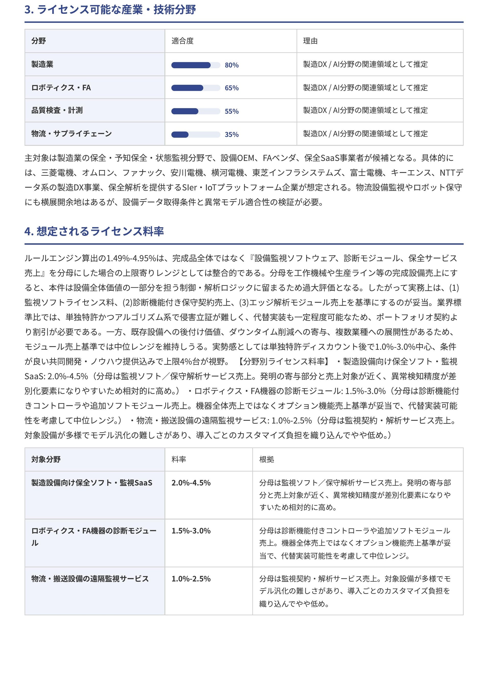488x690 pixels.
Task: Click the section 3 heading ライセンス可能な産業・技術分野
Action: tap(110, 10)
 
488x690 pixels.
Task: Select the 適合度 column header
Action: tap(182, 41)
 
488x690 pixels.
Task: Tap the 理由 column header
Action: tap(310, 41)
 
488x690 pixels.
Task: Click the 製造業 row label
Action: tap(42, 64)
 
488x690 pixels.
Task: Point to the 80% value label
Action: tap(231, 65)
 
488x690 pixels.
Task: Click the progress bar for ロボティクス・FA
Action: tap(196, 88)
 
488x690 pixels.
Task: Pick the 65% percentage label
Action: tap(231, 88)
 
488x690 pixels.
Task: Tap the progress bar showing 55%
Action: tap(196, 111)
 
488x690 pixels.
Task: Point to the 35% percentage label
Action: tap(231, 135)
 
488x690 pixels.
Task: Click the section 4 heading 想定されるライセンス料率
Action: tap(94, 231)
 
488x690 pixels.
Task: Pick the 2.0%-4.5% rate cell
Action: tap(191, 483)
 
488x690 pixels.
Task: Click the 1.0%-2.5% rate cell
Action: tap(191, 579)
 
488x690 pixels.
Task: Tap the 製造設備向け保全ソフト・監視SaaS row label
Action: tap(92, 483)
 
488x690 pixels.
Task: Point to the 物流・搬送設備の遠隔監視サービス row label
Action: tap(90, 579)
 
